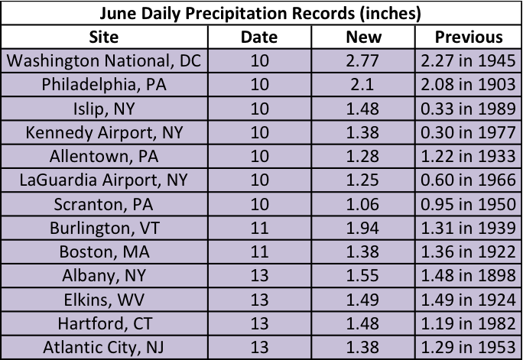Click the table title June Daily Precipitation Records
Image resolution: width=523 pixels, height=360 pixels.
[261, 13]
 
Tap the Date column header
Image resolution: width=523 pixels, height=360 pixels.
[258, 37]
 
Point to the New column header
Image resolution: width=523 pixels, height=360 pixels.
[363, 37]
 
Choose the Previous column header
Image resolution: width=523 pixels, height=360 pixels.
[469, 37]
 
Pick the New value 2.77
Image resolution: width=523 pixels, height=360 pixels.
[363, 60]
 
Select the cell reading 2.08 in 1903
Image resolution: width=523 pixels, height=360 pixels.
[469, 84]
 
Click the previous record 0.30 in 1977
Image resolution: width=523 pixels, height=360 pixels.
[469, 132]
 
